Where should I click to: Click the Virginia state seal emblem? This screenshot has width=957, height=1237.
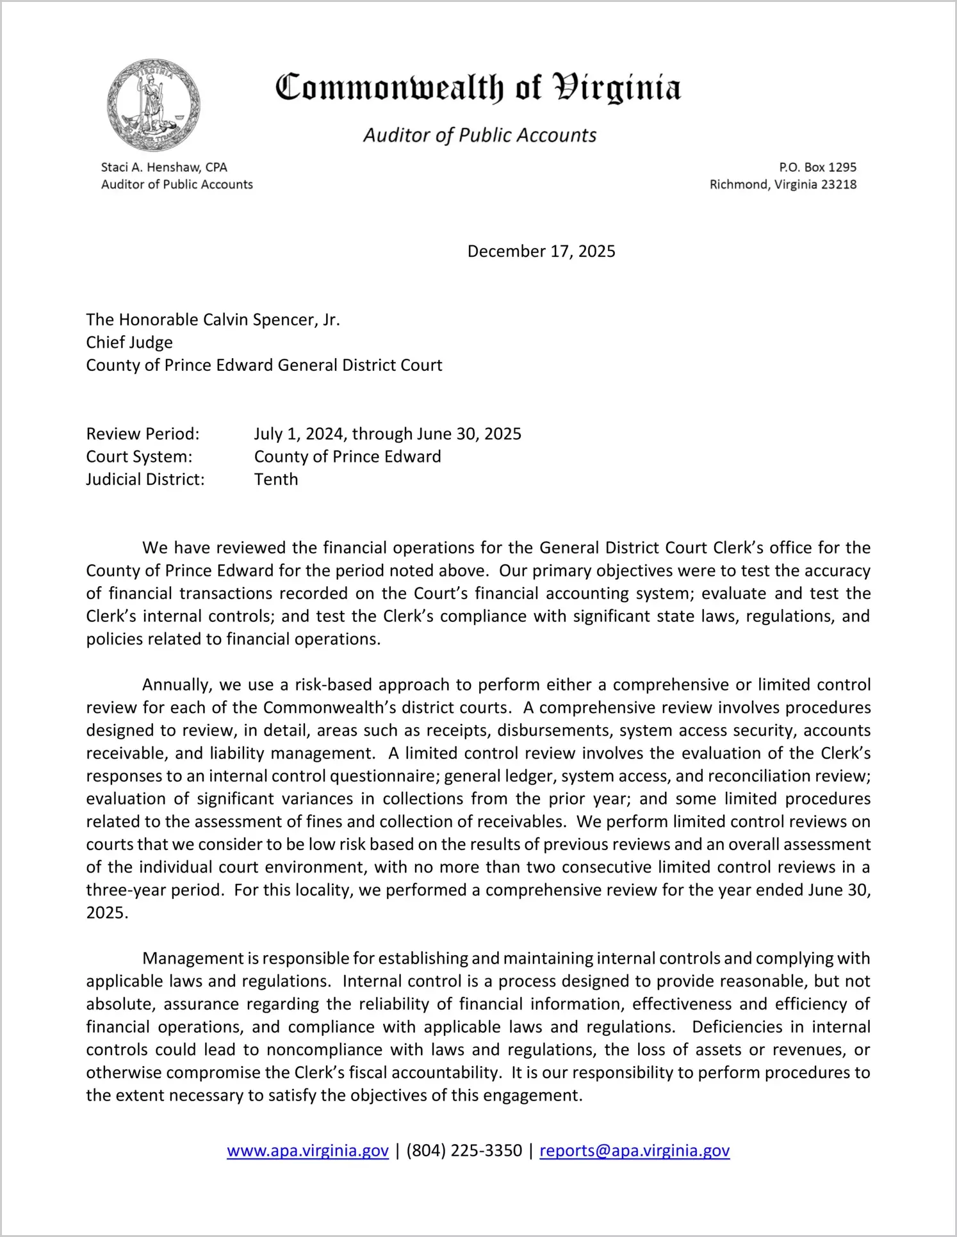pyautogui.click(x=154, y=105)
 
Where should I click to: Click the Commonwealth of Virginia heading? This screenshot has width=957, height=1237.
pyautogui.click(x=478, y=88)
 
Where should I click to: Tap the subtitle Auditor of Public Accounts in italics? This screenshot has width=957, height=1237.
pyautogui.click(x=480, y=135)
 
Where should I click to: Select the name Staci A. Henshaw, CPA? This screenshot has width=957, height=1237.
pyautogui.click(x=164, y=167)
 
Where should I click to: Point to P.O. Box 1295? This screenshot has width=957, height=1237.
pyautogui.click(x=817, y=167)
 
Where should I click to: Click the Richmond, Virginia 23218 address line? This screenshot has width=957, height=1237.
pyautogui.click(x=783, y=184)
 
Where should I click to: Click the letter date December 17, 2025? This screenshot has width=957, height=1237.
pyautogui.click(x=541, y=251)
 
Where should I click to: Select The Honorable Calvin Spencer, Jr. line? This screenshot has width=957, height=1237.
pyautogui.click(x=213, y=320)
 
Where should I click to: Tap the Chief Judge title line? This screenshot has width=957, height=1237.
pyautogui.click(x=129, y=342)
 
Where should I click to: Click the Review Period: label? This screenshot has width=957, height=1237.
pyautogui.click(x=143, y=434)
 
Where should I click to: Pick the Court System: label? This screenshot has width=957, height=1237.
pyautogui.click(x=139, y=457)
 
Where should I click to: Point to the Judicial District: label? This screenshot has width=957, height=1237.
pyautogui.click(x=145, y=479)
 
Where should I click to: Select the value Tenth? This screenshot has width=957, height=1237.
pyautogui.click(x=276, y=479)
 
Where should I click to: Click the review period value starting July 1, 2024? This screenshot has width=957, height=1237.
pyautogui.click(x=388, y=434)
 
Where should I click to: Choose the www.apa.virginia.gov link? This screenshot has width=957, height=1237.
pyautogui.click(x=307, y=1151)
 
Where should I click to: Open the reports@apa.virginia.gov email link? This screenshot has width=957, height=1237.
pyautogui.click(x=634, y=1151)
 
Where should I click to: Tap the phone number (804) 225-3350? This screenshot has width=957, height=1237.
pyautogui.click(x=464, y=1151)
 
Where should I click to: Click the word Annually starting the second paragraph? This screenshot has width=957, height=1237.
pyautogui.click(x=177, y=685)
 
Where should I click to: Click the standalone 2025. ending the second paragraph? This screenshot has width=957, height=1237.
pyautogui.click(x=107, y=913)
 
